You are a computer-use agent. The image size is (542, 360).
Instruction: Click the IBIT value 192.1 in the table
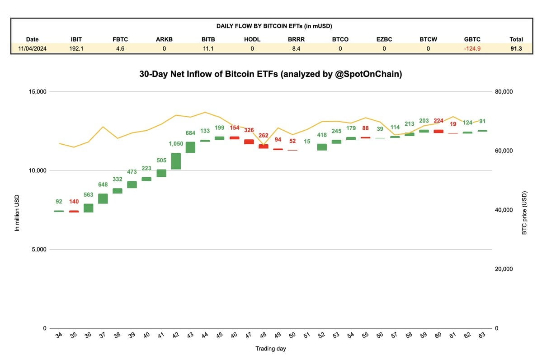76,48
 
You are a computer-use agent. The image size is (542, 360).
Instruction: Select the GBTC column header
472,39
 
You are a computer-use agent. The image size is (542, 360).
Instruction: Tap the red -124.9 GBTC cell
472,48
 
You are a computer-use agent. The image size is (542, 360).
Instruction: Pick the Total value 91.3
516,48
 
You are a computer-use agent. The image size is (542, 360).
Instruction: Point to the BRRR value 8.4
296,48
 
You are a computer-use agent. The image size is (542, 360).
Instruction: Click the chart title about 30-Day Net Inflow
270,74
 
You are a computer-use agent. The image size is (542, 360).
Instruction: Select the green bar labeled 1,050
176,161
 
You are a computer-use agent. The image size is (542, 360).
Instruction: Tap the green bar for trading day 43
190,147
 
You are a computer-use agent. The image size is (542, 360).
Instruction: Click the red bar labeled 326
249,142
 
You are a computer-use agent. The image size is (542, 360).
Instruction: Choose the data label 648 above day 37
103,185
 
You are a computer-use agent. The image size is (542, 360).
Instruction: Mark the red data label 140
74,201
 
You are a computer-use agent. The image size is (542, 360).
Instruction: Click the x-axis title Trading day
270,349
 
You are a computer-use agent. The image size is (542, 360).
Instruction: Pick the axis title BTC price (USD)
524,212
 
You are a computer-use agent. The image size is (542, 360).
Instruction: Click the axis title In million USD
17,212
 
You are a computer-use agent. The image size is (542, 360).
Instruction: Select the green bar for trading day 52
321,147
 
